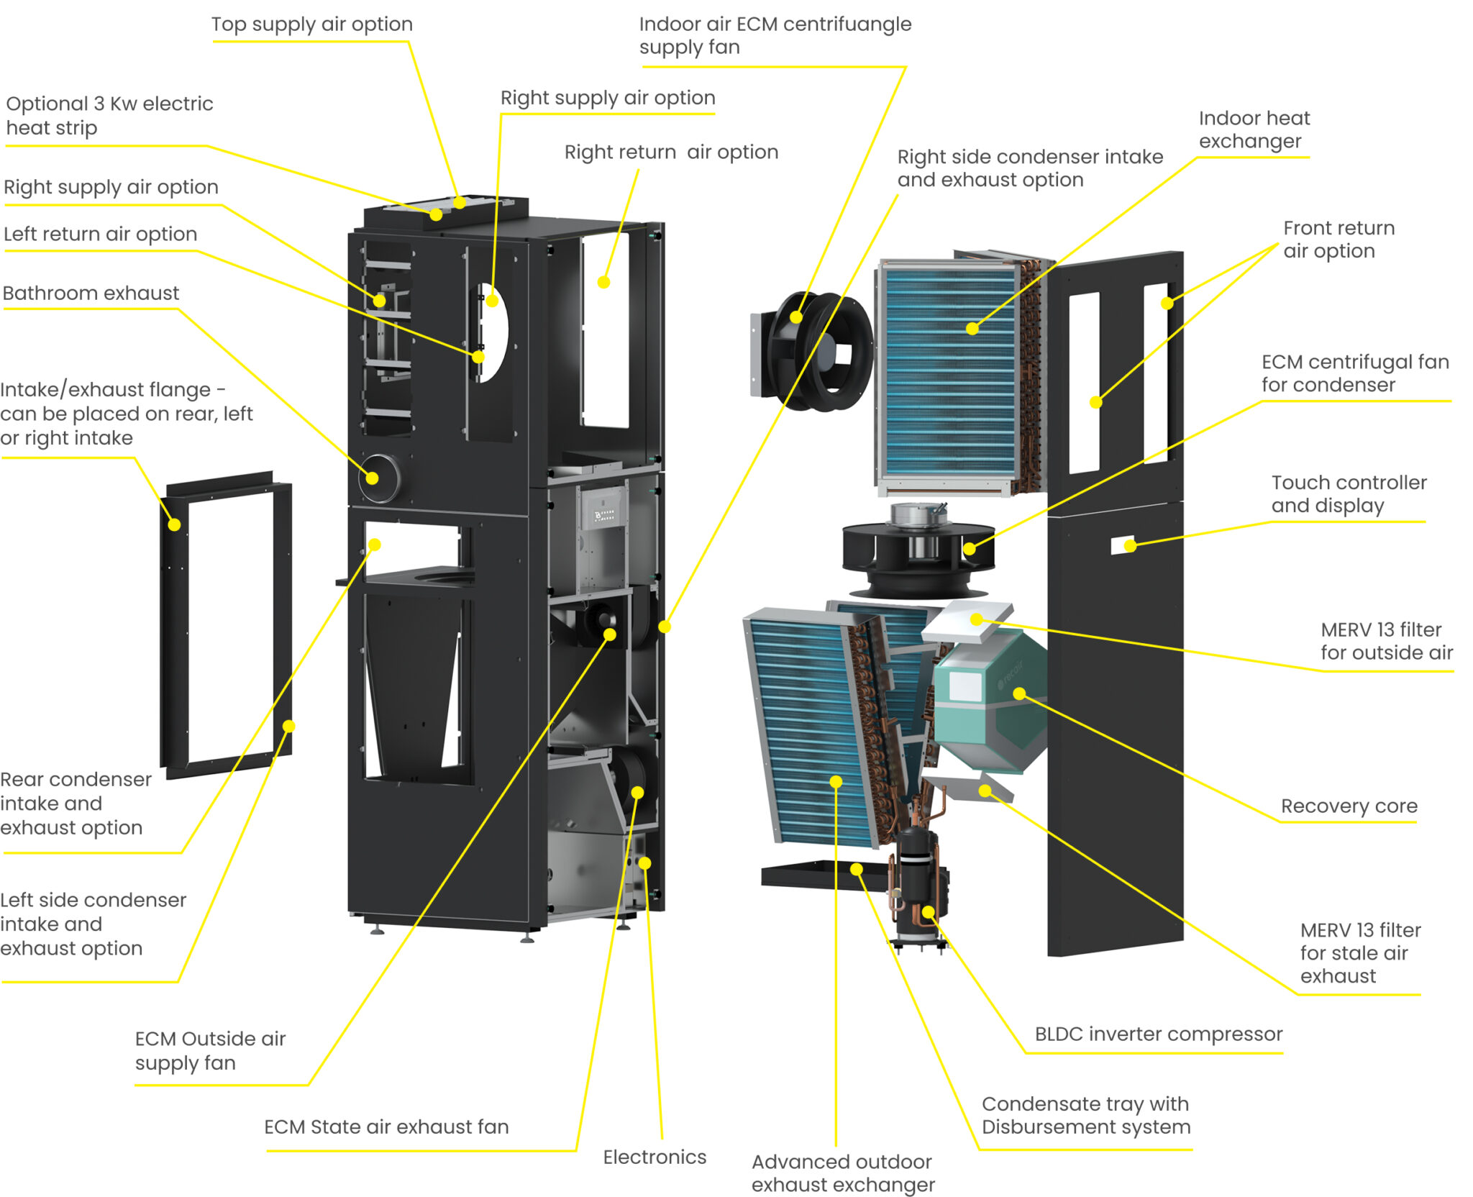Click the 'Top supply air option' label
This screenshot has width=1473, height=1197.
[311, 24]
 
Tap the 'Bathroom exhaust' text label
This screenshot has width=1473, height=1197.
[91, 293]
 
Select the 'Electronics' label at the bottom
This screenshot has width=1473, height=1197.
[654, 1157]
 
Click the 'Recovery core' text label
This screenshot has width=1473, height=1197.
[1349, 806]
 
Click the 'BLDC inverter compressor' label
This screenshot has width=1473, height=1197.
[1158, 1034]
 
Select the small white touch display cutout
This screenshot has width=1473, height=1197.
[1122, 545]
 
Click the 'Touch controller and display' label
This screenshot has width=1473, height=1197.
[1348, 494]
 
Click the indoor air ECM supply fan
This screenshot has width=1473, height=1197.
[816, 351]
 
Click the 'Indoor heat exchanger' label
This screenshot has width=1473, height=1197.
[1254, 129]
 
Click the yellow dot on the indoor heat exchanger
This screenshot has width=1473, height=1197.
[972, 329]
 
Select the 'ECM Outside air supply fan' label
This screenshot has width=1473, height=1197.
[210, 1051]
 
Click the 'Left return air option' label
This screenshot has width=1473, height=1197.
[100, 235]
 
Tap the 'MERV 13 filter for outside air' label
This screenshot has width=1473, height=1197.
[1385, 642]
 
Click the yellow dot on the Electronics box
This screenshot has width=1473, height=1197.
[644, 863]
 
